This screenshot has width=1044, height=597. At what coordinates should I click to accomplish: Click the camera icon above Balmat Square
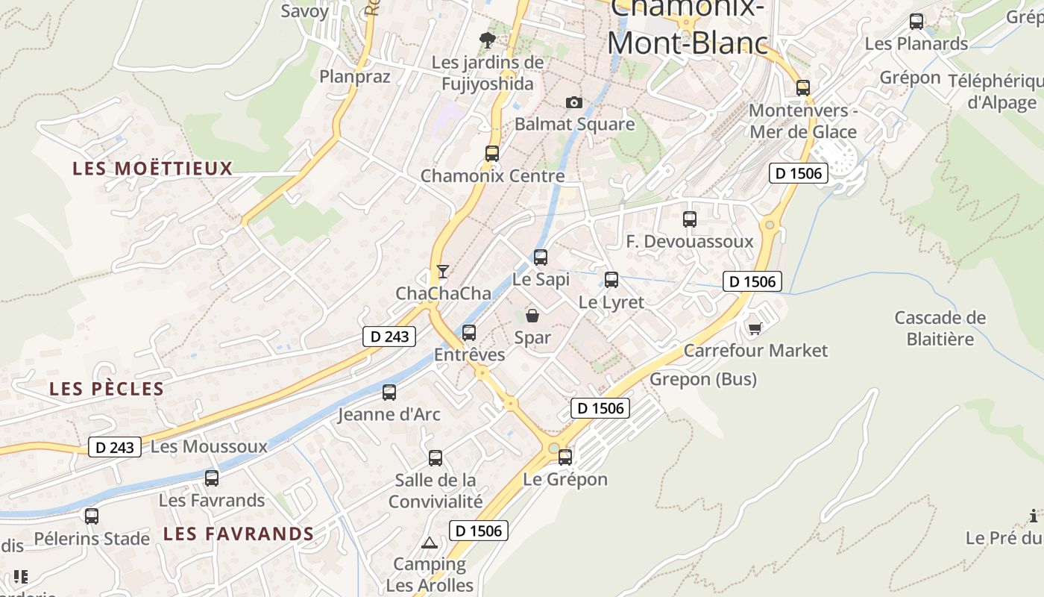point(573,102)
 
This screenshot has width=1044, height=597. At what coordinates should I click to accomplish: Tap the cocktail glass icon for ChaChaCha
point(443,271)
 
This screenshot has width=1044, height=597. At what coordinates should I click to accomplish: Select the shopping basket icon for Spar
point(532,316)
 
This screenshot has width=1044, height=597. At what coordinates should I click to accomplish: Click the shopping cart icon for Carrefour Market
point(755,328)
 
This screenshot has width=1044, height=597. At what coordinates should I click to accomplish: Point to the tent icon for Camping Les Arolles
point(429,543)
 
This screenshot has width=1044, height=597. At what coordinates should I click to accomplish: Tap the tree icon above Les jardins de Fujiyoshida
point(488,40)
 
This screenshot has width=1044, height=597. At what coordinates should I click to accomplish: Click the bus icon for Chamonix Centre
point(492,154)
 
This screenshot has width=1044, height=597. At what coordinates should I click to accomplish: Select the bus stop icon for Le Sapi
point(541,257)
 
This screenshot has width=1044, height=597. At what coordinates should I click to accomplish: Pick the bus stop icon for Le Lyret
point(611,280)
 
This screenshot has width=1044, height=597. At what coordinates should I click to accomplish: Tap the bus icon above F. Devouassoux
point(690,219)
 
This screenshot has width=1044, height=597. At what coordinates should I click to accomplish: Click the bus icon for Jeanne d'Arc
point(389,393)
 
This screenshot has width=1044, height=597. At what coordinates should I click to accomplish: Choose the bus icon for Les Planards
point(916,22)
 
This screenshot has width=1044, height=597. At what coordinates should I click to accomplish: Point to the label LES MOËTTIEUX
point(153,169)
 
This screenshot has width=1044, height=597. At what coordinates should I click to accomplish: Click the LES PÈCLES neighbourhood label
point(107,389)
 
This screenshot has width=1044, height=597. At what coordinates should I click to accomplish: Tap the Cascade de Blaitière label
point(940,328)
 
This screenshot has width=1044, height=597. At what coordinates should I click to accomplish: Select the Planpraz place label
point(355,76)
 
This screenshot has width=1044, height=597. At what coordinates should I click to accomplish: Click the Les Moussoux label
point(209,446)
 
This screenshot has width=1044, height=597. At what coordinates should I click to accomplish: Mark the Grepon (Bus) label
point(703,379)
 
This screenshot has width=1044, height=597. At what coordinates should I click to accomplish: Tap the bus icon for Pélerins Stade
point(92,516)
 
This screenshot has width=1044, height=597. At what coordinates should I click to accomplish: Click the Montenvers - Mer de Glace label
point(803,121)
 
